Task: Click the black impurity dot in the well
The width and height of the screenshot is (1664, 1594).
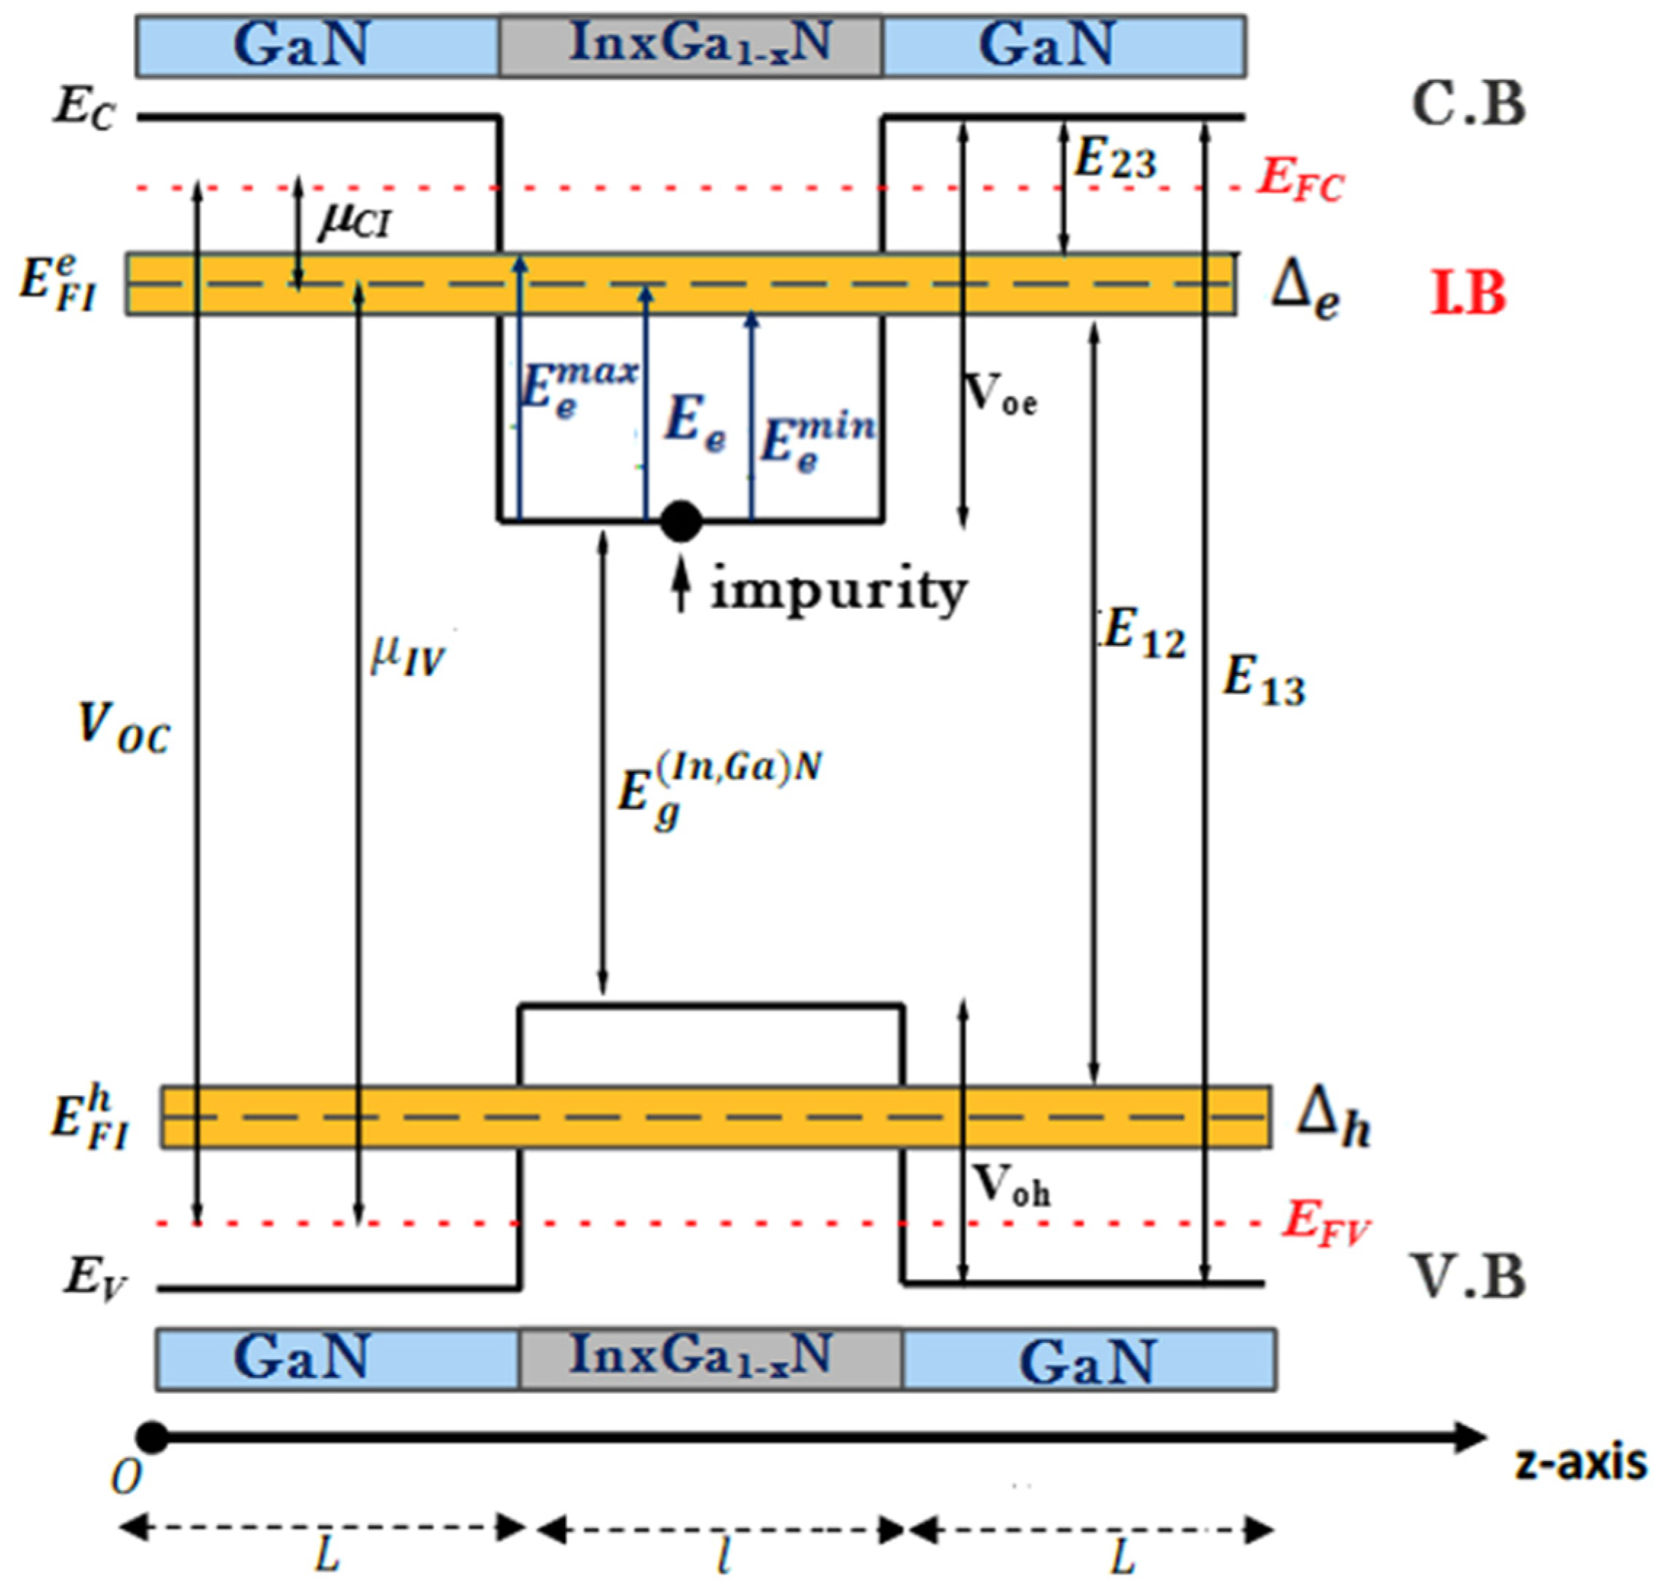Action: pyautogui.click(x=681, y=521)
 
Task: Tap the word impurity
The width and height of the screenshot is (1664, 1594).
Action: pyautogui.click(x=839, y=590)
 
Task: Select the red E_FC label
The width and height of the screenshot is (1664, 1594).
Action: pyautogui.click(x=1300, y=181)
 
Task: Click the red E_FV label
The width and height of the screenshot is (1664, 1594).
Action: pyautogui.click(x=1325, y=1223)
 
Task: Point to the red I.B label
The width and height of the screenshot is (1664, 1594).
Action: pyautogui.click(x=1468, y=295)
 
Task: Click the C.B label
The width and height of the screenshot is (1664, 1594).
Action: pyautogui.click(x=1468, y=105)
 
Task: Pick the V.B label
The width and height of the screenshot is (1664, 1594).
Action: pyautogui.click(x=1468, y=1276)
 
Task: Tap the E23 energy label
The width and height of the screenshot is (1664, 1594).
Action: pyautogui.click(x=1115, y=159)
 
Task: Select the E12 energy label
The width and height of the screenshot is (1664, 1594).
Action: pyautogui.click(x=1143, y=634)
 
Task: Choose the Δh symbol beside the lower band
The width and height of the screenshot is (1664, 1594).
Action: pyautogui.click(x=1332, y=1118)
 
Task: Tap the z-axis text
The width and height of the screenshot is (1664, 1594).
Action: pyautogui.click(x=1581, y=1463)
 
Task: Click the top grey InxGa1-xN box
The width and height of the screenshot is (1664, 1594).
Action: pyautogui.click(x=690, y=45)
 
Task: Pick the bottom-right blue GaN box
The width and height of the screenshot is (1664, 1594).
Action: pyautogui.click(x=1089, y=1360)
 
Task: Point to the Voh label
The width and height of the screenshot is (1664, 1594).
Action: pyautogui.click(x=1010, y=1184)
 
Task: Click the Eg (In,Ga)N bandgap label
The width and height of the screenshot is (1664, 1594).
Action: pyautogui.click(x=717, y=790)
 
